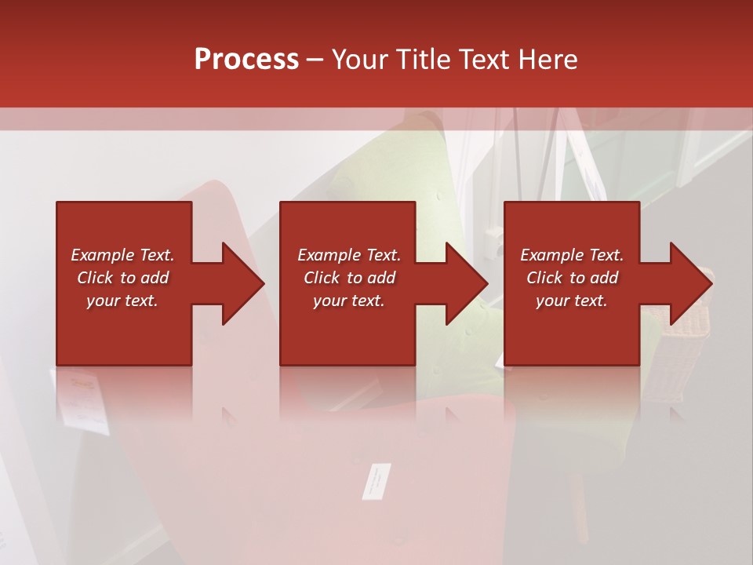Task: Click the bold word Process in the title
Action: pos(246,60)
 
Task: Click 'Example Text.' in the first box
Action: pos(122,255)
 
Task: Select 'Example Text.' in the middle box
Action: pos(349,255)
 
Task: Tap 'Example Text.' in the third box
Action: pos(572,255)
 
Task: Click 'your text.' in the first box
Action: pos(122,301)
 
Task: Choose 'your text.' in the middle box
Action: pos(349,301)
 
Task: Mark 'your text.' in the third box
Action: pos(572,301)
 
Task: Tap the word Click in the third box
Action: pos(545,278)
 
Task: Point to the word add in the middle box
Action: pos(381,278)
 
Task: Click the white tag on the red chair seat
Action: pos(376,480)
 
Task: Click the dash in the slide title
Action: pos(315,60)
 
